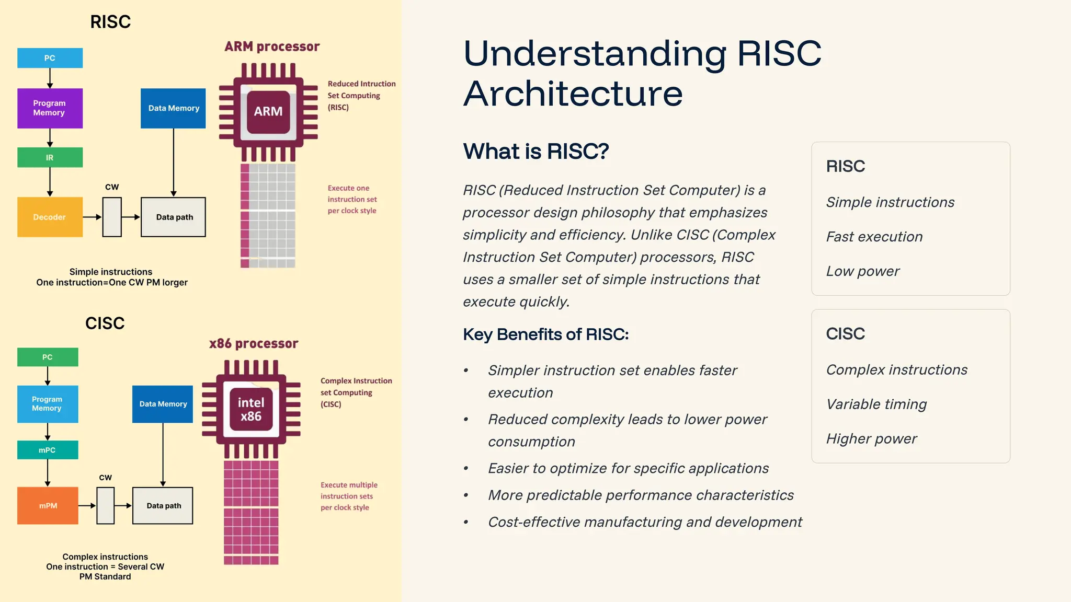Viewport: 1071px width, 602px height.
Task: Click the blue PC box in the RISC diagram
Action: point(50,58)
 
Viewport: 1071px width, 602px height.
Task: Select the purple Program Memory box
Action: point(50,108)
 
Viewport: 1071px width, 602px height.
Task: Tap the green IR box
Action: point(50,157)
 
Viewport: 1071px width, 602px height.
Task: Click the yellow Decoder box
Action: point(50,217)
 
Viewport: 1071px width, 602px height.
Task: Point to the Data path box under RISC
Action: point(173,217)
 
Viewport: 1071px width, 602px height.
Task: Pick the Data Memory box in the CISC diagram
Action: point(163,404)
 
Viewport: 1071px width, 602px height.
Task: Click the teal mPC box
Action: point(48,450)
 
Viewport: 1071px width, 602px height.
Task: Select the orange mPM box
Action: point(48,505)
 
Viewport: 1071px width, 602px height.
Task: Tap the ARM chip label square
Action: point(268,111)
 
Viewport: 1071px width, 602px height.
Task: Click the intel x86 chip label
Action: point(251,409)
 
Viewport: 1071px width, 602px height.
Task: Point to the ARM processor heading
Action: point(272,47)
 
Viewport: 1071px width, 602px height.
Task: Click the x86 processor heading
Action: point(254,343)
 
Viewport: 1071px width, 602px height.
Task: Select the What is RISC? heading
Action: point(536,152)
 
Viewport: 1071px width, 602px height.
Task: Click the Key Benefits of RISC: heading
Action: point(545,334)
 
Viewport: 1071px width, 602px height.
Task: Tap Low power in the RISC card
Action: point(863,271)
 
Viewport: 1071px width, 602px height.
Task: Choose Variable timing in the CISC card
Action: point(876,404)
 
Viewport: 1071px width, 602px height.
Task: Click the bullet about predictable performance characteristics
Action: point(641,495)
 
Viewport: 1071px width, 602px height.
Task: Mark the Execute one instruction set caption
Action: point(352,199)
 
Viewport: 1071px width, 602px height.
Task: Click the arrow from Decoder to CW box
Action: point(92,217)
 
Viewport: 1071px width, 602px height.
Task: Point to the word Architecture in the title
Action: point(573,94)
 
